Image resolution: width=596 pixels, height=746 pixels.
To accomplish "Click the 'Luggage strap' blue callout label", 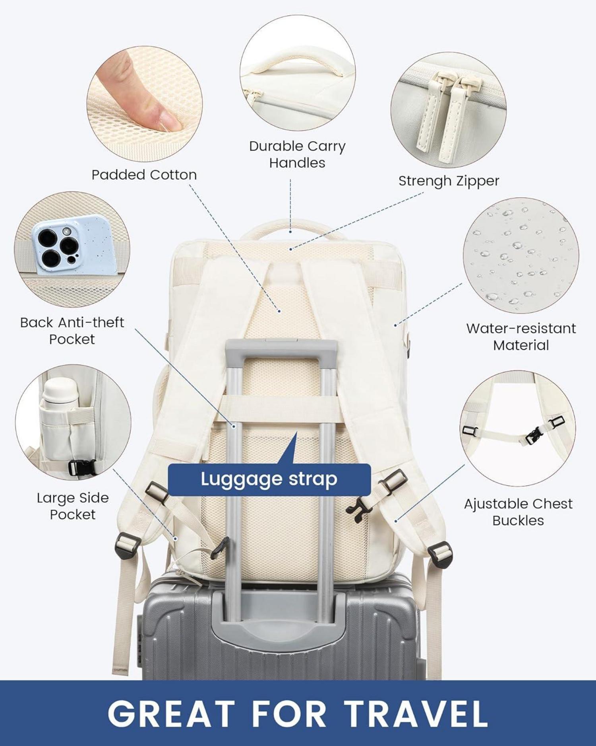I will click(269, 479).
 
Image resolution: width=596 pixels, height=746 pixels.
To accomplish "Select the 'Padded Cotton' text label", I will click(144, 175).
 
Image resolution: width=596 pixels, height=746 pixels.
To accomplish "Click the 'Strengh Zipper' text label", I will click(449, 181).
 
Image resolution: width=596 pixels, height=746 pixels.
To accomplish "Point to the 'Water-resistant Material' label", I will click(521, 337).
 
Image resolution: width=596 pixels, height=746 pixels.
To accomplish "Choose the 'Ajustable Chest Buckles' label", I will click(518, 512).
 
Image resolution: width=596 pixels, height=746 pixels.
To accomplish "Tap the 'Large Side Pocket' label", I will click(73, 506).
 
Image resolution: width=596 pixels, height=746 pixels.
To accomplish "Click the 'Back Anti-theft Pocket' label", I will click(72, 331).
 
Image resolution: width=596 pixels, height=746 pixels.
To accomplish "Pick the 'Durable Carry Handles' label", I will click(297, 154).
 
